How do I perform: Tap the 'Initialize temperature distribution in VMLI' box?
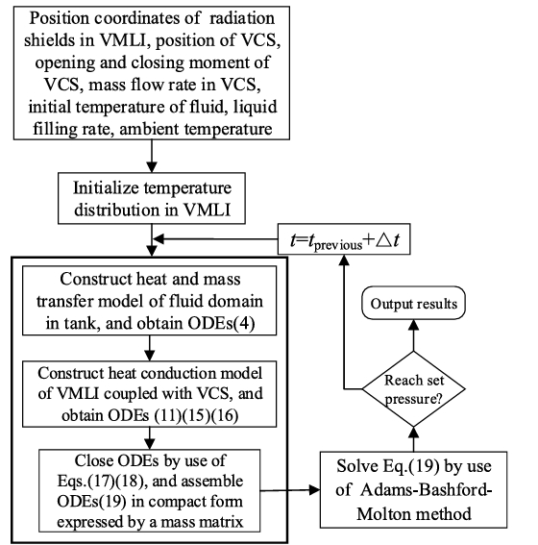149,196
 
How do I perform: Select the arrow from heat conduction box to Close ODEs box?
149,431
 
